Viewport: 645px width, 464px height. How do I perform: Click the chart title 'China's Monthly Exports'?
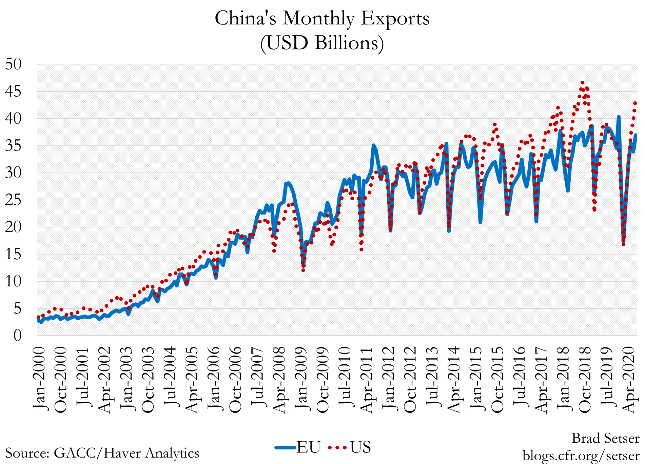coord(322,18)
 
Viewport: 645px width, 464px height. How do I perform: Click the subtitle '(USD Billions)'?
coord(322,43)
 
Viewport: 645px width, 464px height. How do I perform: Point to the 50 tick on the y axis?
coord(13,64)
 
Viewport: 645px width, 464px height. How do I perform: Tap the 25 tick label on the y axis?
coord(13,200)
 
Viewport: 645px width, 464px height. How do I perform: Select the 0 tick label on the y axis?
coord(17,336)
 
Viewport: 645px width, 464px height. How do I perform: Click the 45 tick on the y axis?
coord(13,92)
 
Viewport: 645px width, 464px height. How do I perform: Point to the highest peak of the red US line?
coord(582,83)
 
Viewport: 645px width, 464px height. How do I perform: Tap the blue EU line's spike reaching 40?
coord(619,117)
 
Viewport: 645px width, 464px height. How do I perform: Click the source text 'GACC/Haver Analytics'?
coord(126,453)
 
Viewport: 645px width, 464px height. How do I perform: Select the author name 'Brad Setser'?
coord(605,438)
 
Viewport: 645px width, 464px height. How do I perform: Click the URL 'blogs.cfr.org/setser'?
coord(581,455)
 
